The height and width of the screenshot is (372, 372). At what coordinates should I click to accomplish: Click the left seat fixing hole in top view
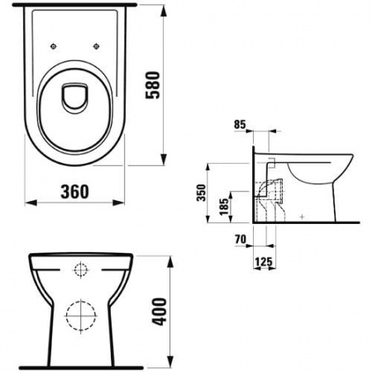click(54, 46)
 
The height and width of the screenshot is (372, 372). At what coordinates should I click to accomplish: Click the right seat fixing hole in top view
click(98, 46)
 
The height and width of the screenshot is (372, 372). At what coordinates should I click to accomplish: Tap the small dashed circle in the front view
click(80, 269)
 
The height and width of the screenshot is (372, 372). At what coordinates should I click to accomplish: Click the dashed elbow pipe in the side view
click(266, 198)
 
